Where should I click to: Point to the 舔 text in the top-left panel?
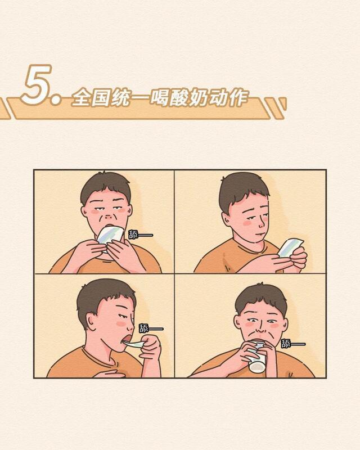click(x=133, y=235)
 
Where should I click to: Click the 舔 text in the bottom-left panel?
click(x=143, y=328)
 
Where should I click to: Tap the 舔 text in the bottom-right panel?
click(x=286, y=344)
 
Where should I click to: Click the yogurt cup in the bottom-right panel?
click(x=257, y=358)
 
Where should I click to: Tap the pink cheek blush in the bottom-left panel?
click(x=120, y=324)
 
